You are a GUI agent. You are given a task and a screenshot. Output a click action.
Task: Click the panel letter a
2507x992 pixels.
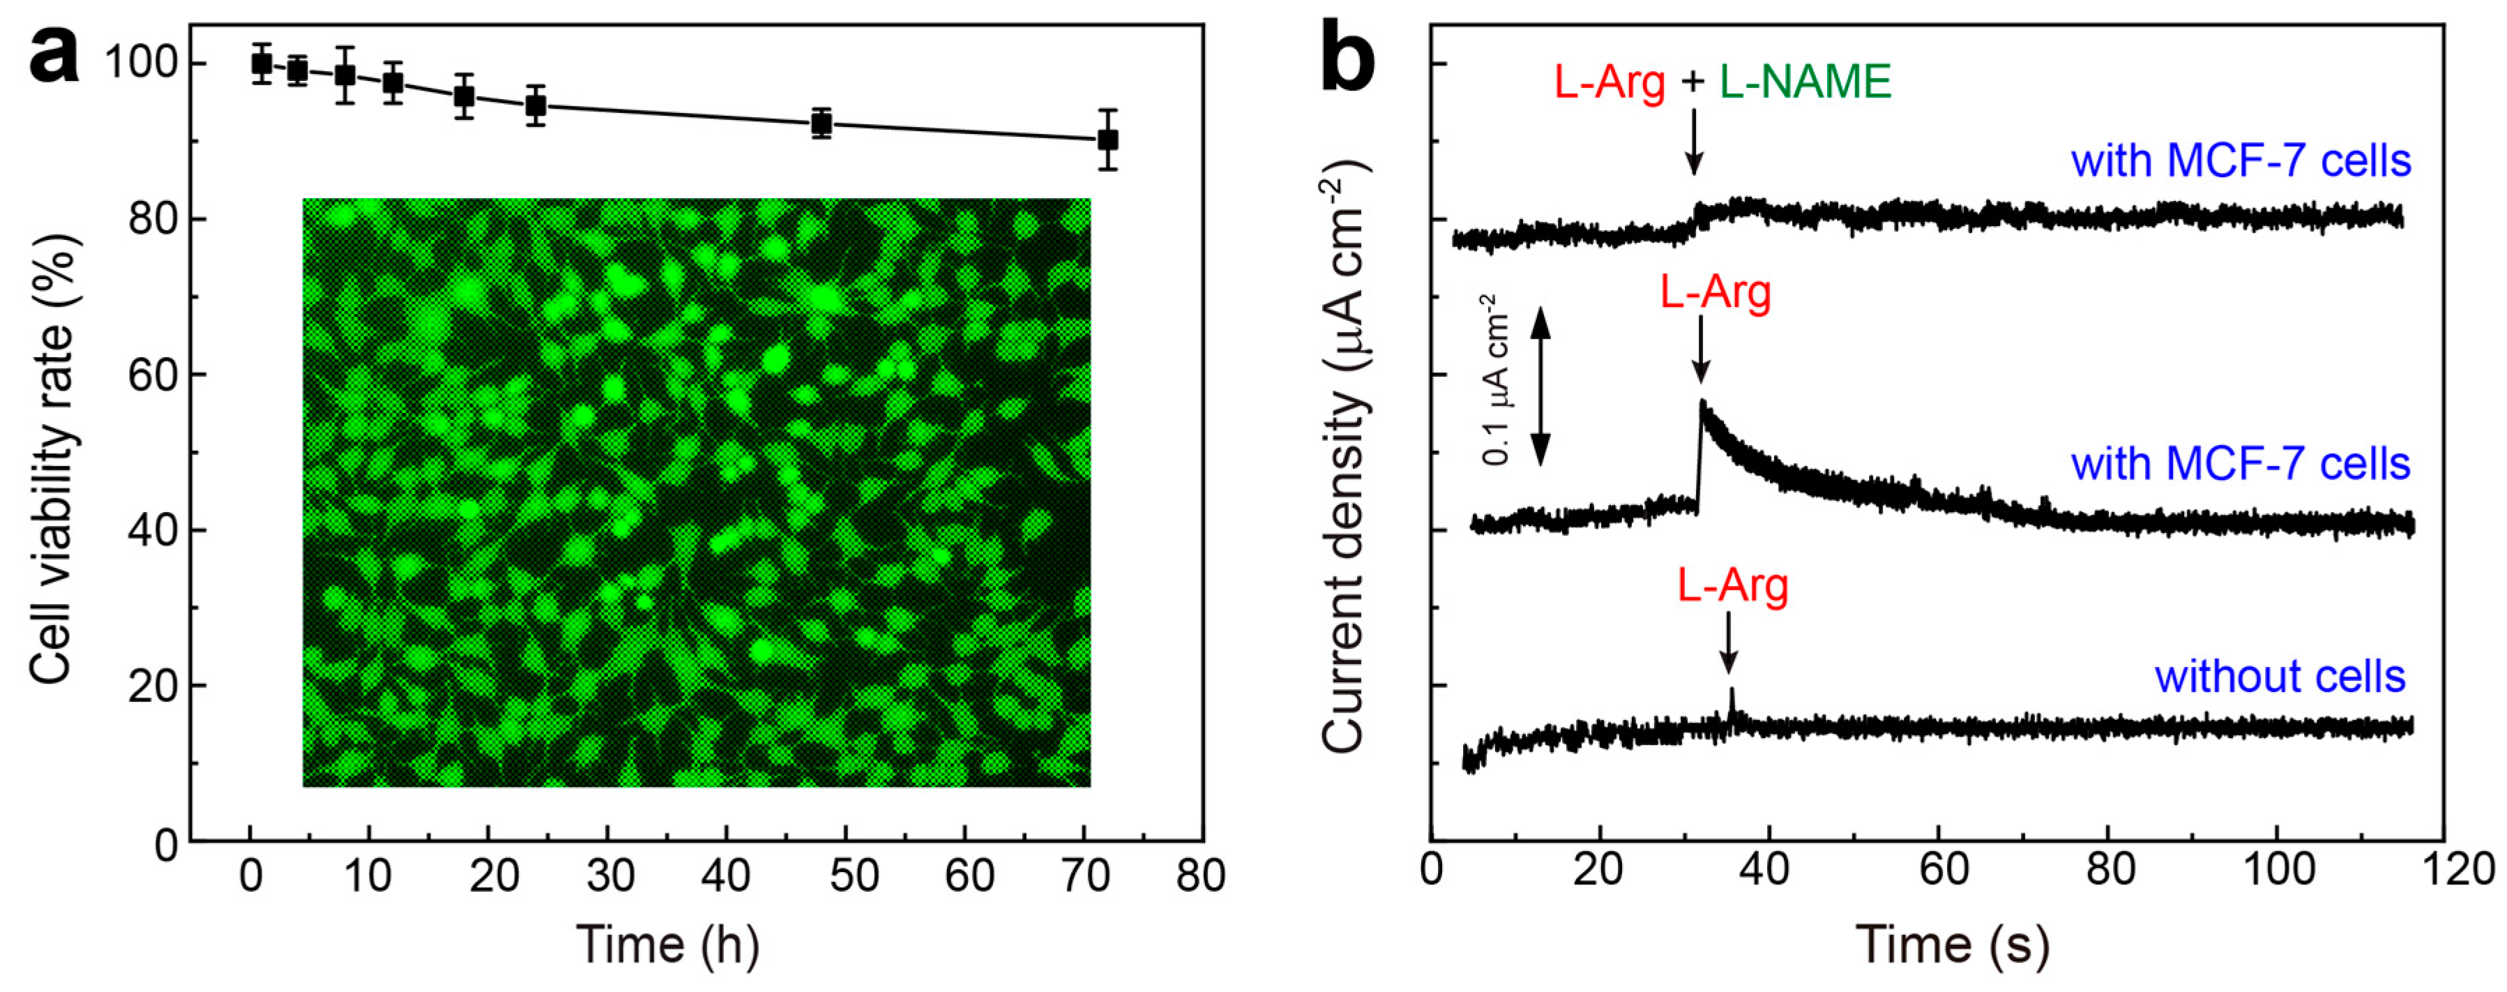(x=54, y=57)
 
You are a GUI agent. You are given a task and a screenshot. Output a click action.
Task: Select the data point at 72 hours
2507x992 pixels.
(x=1107, y=140)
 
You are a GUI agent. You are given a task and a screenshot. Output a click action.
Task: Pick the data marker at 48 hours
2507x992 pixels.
(x=821, y=123)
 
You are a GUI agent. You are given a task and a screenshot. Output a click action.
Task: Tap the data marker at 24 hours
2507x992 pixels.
(x=536, y=105)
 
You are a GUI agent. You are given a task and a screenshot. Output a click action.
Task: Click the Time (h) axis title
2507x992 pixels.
(x=667, y=945)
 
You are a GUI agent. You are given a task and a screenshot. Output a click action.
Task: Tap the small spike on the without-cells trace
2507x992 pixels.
(x=1732, y=694)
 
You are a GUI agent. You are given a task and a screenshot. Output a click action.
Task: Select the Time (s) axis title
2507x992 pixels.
(x=1951, y=945)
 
